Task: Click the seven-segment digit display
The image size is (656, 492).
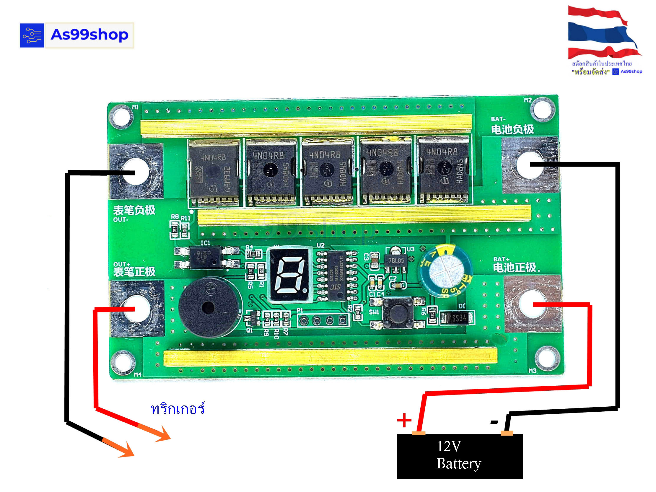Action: pos(289,275)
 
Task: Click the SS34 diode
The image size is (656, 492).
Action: pos(457,318)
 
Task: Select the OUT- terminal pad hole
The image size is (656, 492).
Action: pos(136,172)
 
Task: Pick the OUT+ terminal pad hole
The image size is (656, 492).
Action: pos(137,308)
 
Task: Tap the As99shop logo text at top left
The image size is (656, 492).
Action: pos(89,35)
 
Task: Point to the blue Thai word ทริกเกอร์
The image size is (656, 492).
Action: pos(178,409)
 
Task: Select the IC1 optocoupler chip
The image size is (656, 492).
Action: pos(207,257)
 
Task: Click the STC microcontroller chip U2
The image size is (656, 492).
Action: pos(337,275)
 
